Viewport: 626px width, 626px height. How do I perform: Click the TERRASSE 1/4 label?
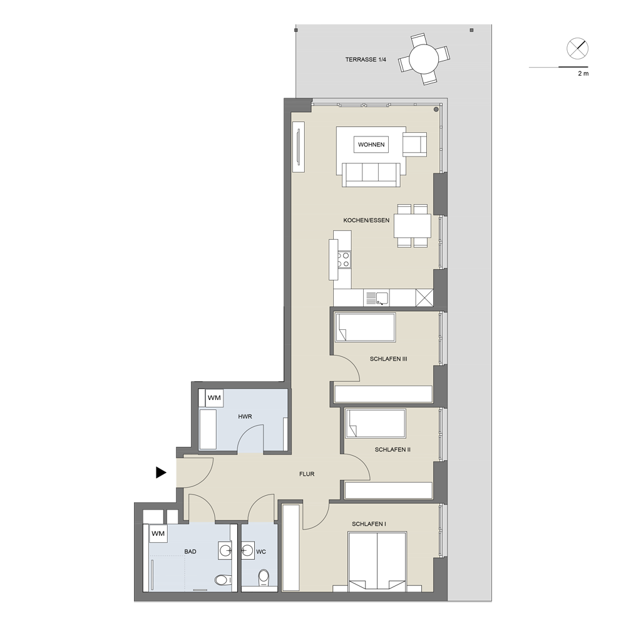tap(366, 59)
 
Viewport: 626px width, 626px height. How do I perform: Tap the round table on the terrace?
tap(424, 59)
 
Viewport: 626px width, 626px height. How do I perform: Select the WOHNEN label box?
tap(371, 145)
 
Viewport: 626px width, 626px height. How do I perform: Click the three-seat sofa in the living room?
tap(371, 175)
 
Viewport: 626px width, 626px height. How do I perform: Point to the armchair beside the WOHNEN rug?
tap(415, 144)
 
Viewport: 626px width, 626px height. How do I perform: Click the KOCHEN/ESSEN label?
tap(366, 220)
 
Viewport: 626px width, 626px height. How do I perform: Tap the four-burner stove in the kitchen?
tap(344, 260)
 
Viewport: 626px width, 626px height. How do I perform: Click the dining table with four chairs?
tap(413, 226)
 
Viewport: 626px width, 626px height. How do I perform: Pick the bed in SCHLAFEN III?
tap(366, 327)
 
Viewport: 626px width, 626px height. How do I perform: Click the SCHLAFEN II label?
tap(393, 449)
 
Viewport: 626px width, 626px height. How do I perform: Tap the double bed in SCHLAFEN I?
tap(377, 562)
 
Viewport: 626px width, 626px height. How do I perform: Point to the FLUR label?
tap(307, 474)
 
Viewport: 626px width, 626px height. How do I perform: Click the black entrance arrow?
tap(161, 473)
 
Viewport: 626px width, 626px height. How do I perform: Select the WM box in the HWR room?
tap(214, 398)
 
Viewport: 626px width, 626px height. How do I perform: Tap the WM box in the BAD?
tap(158, 534)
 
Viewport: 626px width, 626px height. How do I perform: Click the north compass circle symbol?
tap(577, 49)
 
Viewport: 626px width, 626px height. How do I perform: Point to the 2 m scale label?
tap(583, 73)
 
